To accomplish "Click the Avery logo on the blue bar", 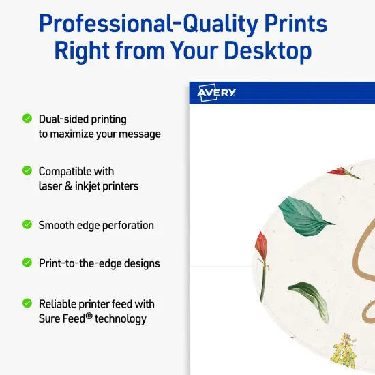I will pos(216,93).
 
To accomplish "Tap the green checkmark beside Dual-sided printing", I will pos(27,118).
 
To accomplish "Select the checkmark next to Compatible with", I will pos(27,170).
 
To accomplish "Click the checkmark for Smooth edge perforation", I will pos(27,224).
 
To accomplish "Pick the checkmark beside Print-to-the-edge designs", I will pos(27,262).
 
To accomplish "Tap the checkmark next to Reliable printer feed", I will pos(27,303).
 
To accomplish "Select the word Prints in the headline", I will pos(297,24).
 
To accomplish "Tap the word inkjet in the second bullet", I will pos(102,185).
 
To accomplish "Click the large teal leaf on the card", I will pos(307,215).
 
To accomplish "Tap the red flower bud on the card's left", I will pos(261,252).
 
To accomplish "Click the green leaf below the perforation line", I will pos(310,300).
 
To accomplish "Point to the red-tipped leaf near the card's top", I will pos(345,173).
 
